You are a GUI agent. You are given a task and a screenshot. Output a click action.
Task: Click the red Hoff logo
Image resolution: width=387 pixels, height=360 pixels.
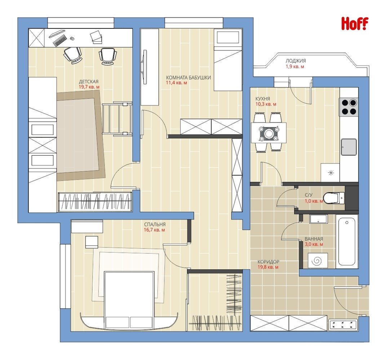tap(355, 24)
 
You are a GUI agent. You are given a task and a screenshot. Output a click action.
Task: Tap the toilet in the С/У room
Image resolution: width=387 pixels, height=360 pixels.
tap(334, 198)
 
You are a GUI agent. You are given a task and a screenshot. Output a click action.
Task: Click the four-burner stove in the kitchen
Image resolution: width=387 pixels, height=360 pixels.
tap(349, 107)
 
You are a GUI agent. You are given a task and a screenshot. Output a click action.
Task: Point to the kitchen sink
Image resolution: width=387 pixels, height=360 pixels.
tap(349, 147)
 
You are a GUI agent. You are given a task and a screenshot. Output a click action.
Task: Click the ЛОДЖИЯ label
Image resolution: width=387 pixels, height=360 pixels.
tap(296, 61)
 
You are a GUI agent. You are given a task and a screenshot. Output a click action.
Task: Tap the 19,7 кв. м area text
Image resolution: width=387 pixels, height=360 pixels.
tap(89, 87)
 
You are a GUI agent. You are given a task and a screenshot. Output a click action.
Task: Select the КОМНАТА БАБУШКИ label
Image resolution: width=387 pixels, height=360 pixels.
tap(188, 77)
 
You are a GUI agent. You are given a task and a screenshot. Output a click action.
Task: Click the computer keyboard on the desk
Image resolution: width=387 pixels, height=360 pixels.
tap(60, 40)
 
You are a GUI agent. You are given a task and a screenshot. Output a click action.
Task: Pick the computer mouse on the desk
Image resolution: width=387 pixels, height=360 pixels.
tap(72, 39)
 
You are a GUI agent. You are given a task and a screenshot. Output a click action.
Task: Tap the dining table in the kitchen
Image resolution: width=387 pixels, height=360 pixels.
tap(268, 132)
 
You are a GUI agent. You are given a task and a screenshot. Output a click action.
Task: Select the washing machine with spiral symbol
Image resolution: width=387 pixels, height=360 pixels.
tap(318, 260)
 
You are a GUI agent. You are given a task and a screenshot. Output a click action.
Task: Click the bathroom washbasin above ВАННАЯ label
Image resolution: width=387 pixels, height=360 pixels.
tap(319, 219)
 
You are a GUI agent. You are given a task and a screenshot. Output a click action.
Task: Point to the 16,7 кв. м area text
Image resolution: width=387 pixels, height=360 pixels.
tap(155, 230)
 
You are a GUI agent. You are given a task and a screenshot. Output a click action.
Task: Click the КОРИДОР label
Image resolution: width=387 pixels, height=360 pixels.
tap(268, 262)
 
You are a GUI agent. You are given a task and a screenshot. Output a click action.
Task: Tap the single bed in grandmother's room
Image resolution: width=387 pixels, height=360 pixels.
tap(228, 60)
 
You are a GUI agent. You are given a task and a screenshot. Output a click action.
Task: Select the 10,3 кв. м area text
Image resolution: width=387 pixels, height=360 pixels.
tap(266, 104)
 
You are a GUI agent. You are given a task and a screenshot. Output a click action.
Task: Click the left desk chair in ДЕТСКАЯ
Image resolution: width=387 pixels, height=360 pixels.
tap(72, 55)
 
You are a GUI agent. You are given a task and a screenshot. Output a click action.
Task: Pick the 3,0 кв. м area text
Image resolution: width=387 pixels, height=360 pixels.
tap(314, 244)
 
